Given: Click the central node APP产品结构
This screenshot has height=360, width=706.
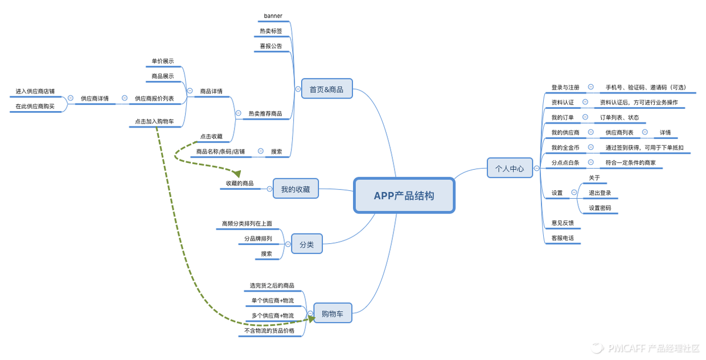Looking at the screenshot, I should point(404,195).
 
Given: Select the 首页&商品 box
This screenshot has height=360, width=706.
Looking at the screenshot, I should point(326,89).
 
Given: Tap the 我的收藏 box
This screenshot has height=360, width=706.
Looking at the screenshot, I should point(295,189).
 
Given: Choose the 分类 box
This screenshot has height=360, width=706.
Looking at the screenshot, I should point(306,244).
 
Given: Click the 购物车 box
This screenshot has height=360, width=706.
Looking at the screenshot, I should point(333,313).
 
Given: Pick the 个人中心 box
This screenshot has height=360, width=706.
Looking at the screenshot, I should point(510,168).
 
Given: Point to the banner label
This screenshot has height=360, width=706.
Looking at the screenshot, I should point(273,16).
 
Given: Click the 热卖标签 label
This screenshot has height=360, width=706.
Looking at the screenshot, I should point(271,31).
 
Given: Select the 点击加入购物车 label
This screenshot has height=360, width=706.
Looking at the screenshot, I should point(155,121).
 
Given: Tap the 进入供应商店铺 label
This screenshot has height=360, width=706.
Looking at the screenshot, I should point(35,91).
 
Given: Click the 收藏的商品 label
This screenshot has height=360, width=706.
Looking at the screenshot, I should point(240,183).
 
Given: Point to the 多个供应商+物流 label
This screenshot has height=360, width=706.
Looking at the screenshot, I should point(273,316).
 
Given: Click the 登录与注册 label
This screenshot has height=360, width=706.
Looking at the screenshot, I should point(565,87).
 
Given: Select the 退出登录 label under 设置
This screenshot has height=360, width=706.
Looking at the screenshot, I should point(600,193).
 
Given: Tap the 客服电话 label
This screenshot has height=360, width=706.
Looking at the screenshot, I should point(563,238).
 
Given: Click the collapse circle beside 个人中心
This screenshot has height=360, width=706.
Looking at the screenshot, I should point(536,168).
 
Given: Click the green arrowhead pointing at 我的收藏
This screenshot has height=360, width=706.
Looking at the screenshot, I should point(237,173).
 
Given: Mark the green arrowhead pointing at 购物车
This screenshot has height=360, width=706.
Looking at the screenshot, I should point(311,320).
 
